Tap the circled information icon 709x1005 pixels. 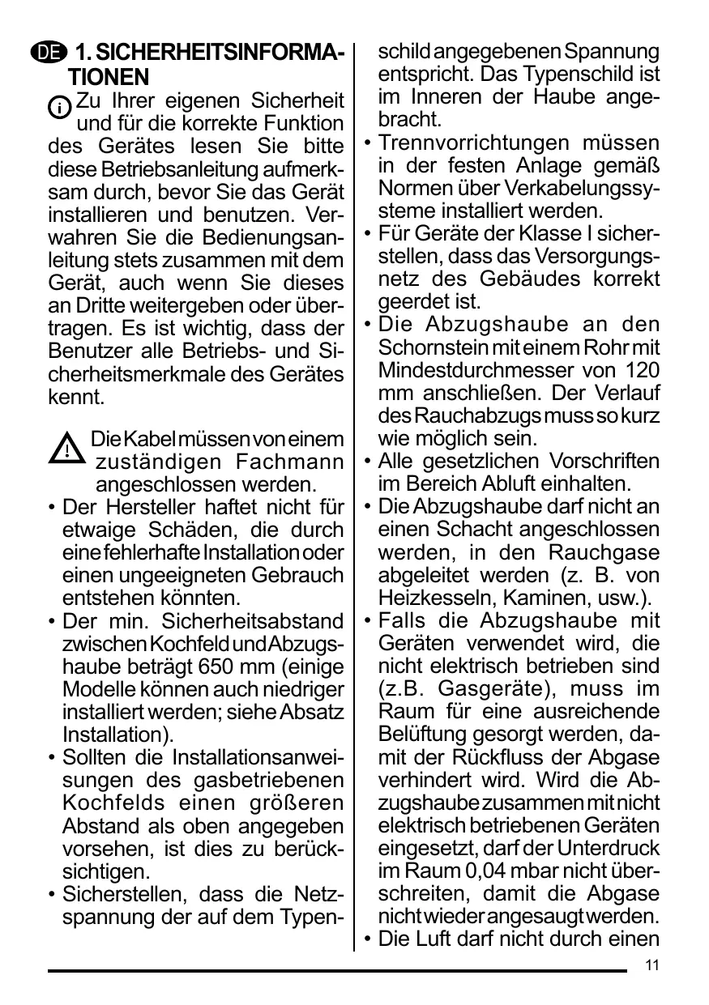pos(60,107)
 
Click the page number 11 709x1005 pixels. pos(653,965)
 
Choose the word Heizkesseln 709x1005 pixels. pos(419,598)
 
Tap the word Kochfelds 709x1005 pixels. pos(113,803)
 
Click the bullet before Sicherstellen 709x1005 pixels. pos(52,896)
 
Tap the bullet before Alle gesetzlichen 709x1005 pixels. pos(368,462)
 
